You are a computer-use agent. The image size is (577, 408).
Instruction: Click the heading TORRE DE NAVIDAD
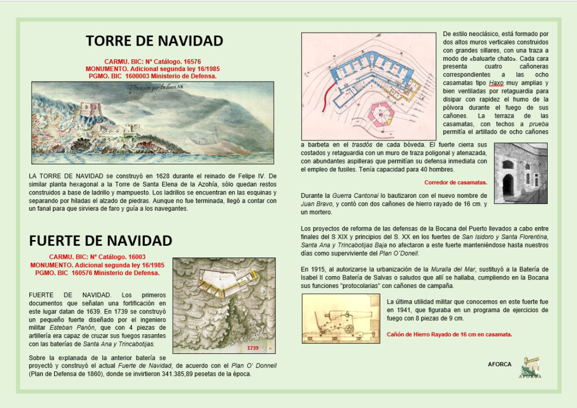click(x=154, y=41)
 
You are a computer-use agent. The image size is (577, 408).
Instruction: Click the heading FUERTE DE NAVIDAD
click(x=100, y=241)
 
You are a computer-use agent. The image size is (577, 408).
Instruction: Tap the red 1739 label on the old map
click(x=252, y=348)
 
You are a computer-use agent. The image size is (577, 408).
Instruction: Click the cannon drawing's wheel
click(x=349, y=328)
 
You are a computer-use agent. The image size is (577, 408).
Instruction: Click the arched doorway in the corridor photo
click(x=508, y=183)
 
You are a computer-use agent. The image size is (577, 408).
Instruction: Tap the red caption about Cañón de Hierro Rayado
click(x=449, y=334)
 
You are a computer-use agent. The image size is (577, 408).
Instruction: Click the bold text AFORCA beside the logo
click(x=499, y=365)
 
